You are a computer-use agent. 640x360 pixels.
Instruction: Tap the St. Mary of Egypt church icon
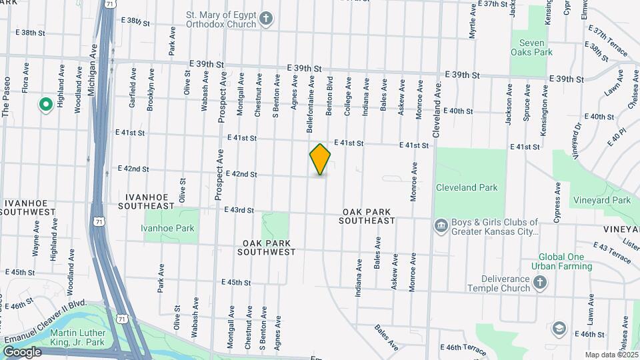(x=266, y=18)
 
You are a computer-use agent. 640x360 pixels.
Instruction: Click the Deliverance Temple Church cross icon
(x=541, y=284)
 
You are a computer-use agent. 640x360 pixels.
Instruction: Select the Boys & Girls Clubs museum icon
(x=441, y=227)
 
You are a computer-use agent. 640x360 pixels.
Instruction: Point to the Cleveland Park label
(x=467, y=187)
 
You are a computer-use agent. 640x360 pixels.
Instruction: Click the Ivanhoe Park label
(x=167, y=228)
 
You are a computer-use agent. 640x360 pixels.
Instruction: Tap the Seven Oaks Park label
(x=532, y=47)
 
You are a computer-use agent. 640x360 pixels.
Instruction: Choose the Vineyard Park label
(x=601, y=200)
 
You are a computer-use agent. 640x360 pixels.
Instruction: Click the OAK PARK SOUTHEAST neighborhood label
(x=366, y=216)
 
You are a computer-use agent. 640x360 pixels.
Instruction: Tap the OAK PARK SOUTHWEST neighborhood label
(x=269, y=248)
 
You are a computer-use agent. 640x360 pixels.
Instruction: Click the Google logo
(x=22, y=352)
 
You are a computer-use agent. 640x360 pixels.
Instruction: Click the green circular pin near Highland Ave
(x=45, y=104)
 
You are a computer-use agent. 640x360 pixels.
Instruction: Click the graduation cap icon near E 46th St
(x=559, y=329)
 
